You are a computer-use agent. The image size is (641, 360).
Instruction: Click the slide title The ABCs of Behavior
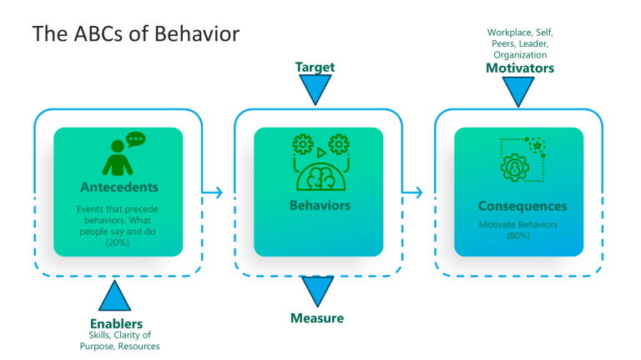coord(135,34)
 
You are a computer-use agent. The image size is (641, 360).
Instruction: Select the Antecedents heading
coord(119,186)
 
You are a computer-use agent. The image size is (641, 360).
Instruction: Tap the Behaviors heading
coord(319,205)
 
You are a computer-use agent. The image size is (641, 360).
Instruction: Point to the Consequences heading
coord(522,206)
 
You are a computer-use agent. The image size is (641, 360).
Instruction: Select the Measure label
coord(316,318)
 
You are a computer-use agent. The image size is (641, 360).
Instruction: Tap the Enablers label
coord(116,323)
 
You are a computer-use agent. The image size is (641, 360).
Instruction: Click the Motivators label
coord(519,68)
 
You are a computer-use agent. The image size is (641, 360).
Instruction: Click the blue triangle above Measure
coord(317,292)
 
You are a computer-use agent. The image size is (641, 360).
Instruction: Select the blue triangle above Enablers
coord(115,297)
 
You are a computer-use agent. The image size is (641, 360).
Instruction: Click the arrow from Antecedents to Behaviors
coord(215,193)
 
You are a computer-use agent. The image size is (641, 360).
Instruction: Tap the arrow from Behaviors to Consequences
coord(414,193)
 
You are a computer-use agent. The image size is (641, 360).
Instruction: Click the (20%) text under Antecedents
coord(118,242)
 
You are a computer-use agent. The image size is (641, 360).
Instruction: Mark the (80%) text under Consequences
coord(517,236)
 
